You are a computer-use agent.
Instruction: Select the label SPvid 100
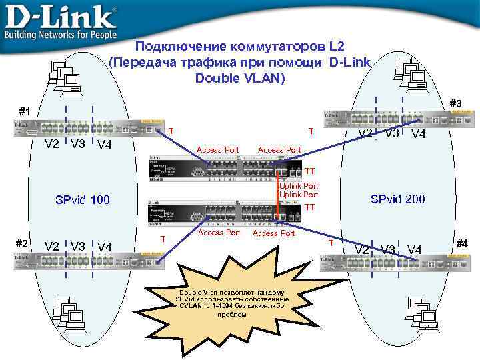82,200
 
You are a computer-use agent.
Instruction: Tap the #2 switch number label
21,243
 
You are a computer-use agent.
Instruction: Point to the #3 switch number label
455,103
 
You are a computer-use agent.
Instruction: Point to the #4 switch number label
461,243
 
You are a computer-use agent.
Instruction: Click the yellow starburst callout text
232,303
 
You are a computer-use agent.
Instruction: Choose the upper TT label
309,171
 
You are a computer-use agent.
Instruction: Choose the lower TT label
309,207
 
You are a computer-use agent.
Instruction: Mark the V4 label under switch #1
103,145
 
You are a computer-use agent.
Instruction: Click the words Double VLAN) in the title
240,78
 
